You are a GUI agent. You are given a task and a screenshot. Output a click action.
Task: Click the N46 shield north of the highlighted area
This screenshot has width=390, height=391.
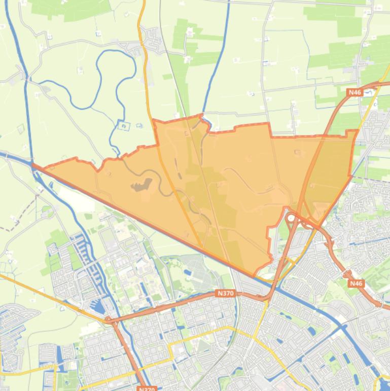(354, 92)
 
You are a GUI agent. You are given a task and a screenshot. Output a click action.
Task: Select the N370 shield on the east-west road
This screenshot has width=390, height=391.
(225, 294)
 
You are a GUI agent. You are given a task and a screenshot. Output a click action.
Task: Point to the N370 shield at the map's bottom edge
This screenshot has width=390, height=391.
(146, 388)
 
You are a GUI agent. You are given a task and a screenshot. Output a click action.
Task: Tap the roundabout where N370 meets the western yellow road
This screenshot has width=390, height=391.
(108, 320)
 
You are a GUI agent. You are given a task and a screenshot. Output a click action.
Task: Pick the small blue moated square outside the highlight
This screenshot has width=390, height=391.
(123, 125)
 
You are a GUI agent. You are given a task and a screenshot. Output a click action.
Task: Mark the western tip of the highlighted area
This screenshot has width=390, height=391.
(33, 165)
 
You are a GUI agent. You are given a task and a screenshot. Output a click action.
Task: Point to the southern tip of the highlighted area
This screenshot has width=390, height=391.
(255, 275)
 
